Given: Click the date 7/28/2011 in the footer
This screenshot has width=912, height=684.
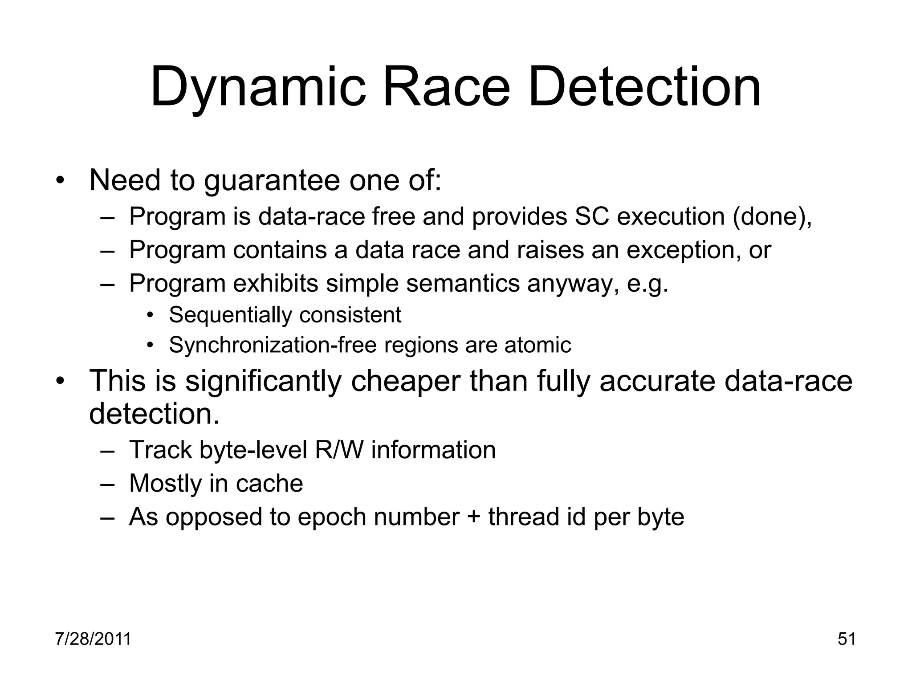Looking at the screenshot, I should [93, 639].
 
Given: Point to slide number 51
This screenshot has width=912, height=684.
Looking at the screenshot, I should [847, 639].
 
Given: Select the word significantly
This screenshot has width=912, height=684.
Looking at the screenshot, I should [263, 381].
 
